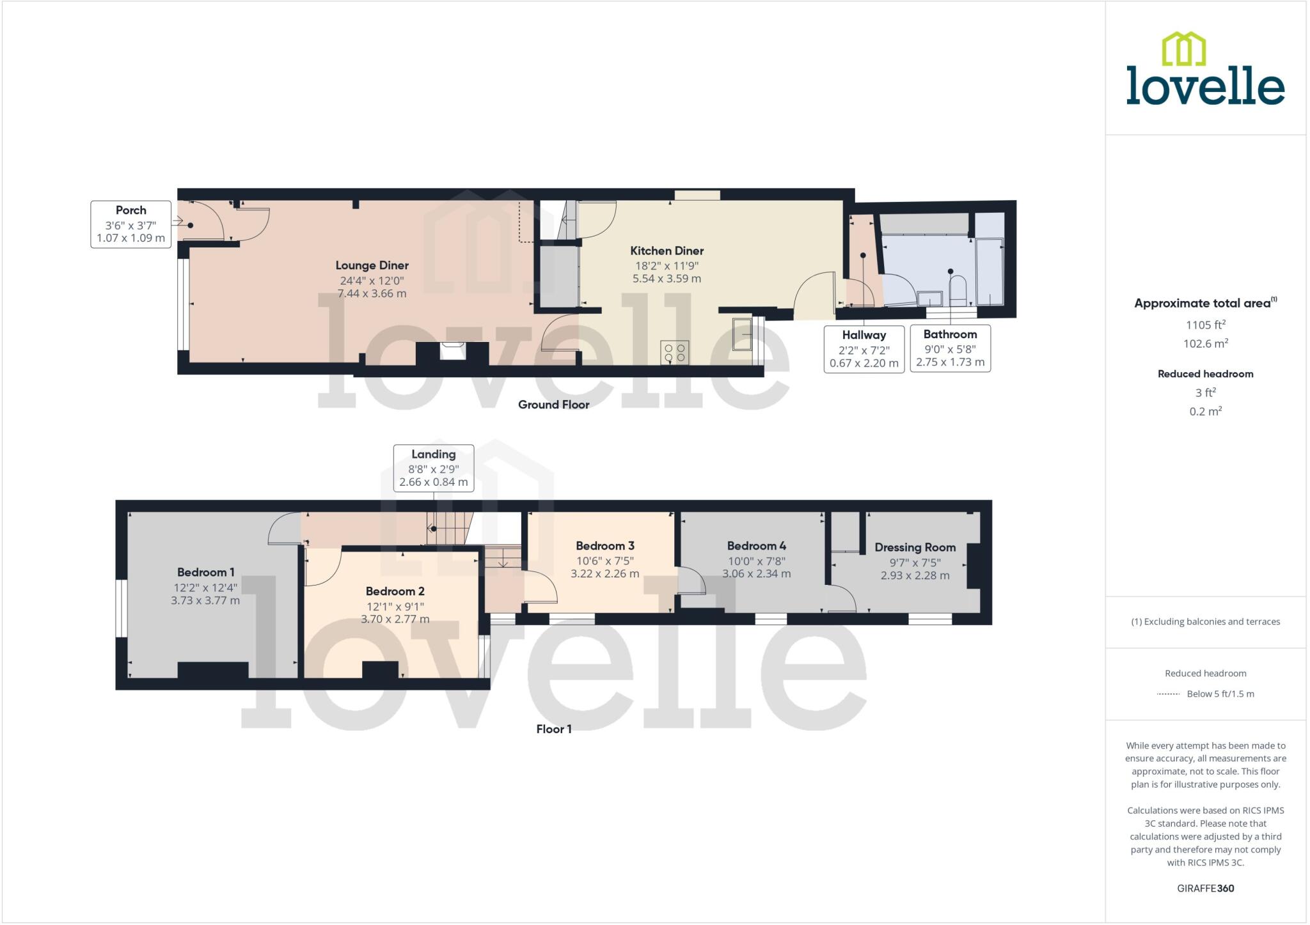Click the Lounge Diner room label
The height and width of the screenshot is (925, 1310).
pyautogui.click(x=372, y=265)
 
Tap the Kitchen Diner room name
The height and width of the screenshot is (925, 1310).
pyautogui.click(x=667, y=251)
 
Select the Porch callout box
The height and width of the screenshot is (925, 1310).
pyautogui.click(x=130, y=224)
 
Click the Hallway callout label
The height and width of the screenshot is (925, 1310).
pyautogui.click(x=864, y=349)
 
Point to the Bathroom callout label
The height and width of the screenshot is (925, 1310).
pyautogui.click(x=950, y=348)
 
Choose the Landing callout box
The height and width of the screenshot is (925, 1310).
pyautogui.click(x=433, y=468)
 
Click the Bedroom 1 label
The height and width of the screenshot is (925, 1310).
pyautogui.click(x=205, y=572)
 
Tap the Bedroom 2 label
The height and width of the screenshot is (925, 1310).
pyautogui.click(x=395, y=591)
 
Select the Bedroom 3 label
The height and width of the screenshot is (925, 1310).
pyautogui.click(x=604, y=546)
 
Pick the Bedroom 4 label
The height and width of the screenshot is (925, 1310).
pyautogui.click(x=756, y=546)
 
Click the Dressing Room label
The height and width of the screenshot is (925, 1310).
pyautogui.click(x=915, y=547)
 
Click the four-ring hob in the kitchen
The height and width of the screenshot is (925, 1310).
pyautogui.click(x=674, y=352)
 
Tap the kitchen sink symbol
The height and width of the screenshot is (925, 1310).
pyautogui.click(x=742, y=334)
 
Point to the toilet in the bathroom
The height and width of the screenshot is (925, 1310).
pyautogui.click(x=957, y=290)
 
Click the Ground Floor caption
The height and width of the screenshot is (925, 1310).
pyautogui.click(x=553, y=405)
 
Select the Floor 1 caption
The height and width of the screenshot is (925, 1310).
pyautogui.click(x=553, y=729)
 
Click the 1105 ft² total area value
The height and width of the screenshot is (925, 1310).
pyautogui.click(x=1205, y=325)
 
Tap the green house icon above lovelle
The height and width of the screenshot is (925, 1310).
pyautogui.click(x=1183, y=49)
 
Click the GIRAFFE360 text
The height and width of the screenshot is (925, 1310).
pyautogui.click(x=1205, y=888)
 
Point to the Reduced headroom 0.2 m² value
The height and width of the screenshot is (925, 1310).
pyautogui.click(x=1205, y=411)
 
